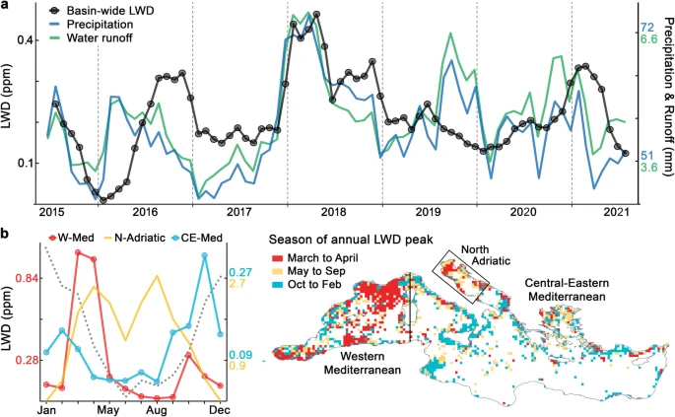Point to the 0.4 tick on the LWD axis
tap(24, 39)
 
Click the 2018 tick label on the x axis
tap(334, 212)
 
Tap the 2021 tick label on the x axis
tap(617, 212)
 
